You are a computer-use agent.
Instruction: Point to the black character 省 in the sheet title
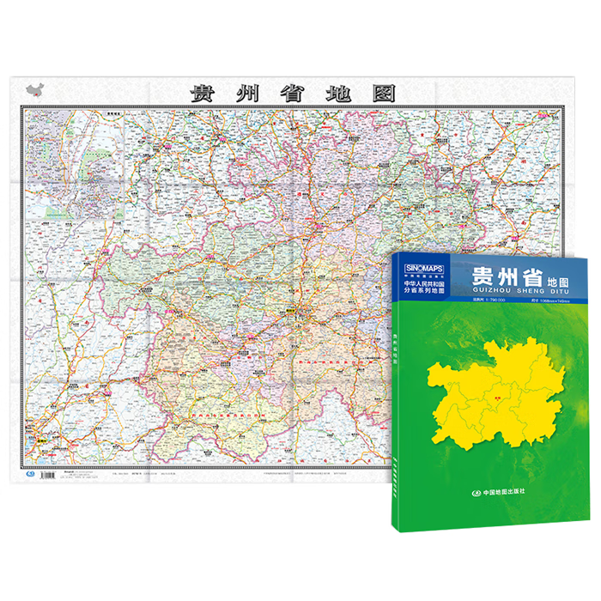pos(292,92)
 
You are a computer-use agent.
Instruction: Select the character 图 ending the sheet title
pos(383,92)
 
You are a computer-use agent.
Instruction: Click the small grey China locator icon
pos(33,89)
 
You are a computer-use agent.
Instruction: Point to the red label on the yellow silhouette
pos(498,397)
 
